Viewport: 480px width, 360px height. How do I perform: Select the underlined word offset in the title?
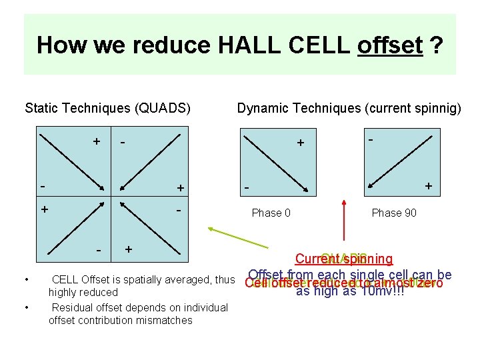[390, 45]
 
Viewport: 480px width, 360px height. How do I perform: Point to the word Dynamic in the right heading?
[261, 107]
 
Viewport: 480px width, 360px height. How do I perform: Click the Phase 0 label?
[271, 213]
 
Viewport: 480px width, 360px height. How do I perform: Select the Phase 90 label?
[394, 213]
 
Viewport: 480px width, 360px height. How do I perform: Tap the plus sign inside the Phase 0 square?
[301, 143]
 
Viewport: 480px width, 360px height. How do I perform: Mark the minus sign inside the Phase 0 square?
[246, 189]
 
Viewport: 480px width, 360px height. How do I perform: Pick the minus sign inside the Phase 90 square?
[371, 139]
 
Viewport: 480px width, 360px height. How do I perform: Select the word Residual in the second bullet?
[73, 307]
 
